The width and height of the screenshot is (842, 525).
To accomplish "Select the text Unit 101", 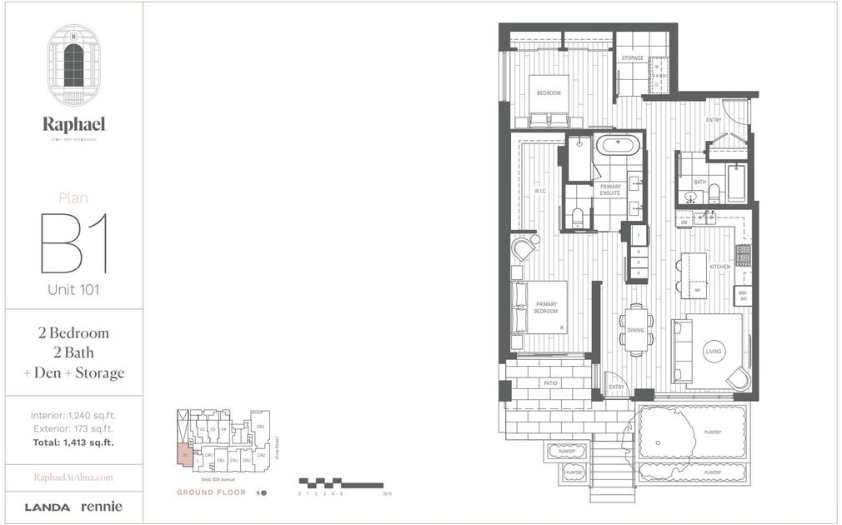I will (73, 290).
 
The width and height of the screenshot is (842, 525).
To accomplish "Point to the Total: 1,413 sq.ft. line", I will (72, 442).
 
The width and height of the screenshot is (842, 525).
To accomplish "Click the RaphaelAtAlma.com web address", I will (73, 477).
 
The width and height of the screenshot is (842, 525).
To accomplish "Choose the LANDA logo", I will (48, 507).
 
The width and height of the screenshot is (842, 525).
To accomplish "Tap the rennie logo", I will (102, 507).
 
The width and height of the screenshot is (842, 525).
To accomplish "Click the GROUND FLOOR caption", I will (211, 492).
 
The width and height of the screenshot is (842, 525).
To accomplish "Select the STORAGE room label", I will (633, 58).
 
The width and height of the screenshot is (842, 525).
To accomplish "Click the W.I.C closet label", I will (540, 191).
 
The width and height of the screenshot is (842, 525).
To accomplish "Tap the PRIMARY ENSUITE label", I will (610, 190).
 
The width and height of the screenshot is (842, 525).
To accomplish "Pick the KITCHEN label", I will (719, 267).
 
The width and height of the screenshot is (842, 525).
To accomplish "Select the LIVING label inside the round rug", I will (714, 352).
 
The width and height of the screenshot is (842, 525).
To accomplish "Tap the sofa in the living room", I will (684, 350).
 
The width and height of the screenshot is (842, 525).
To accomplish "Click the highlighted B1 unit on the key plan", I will (183, 456).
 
